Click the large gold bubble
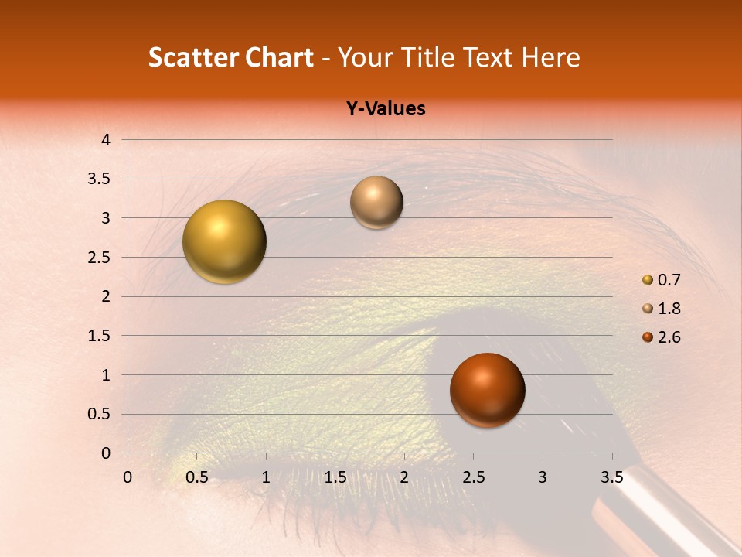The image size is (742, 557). pos(225,241)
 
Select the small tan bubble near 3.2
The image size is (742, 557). pos(376,202)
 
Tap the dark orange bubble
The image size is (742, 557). pos(487,390)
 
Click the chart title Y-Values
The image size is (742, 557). pos(385,109)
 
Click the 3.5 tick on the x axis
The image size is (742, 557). pos(611,477)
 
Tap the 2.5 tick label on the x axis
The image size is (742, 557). pos(473,477)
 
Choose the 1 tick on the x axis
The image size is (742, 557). pos(266,477)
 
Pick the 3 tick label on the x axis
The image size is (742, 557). pos(543,477)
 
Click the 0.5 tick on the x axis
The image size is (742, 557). pos(196,477)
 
